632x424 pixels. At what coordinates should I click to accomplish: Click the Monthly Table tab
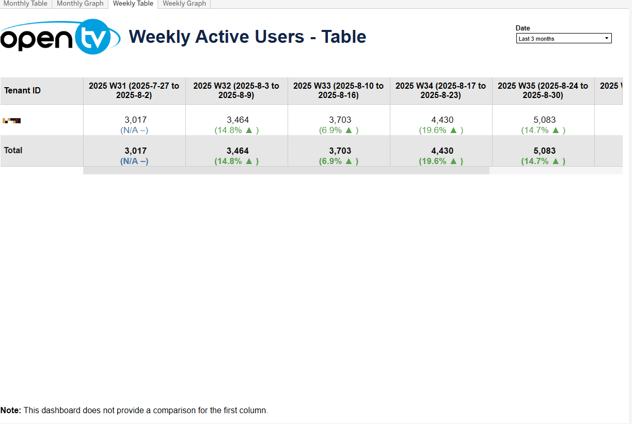click(x=25, y=4)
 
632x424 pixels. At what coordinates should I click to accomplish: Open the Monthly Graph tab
click(x=80, y=4)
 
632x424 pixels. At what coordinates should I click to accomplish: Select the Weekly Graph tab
click(x=184, y=4)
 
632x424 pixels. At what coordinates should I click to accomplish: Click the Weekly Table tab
click(x=133, y=4)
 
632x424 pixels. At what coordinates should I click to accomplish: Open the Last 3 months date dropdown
click(x=564, y=39)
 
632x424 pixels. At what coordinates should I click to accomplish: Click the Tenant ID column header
click(x=22, y=91)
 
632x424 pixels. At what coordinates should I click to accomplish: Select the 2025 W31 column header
click(x=134, y=91)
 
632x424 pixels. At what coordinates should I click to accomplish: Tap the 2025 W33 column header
click(x=338, y=91)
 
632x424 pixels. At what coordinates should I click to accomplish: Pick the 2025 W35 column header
click(x=543, y=91)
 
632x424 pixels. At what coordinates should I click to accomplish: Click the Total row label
click(x=13, y=150)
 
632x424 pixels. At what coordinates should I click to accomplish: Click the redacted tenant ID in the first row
click(x=11, y=121)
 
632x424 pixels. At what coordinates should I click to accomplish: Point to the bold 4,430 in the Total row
click(x=442, y=151)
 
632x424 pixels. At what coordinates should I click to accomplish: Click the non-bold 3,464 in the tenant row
click(x=238, y=120)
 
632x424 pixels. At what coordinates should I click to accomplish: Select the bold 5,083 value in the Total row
click(x=544, y=151)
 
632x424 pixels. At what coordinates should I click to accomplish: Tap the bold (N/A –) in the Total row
click(x=134, y=161)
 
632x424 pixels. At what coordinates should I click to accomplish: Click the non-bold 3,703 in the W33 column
click(x=340, y=120)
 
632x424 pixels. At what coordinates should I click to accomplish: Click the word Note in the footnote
click(x=10, y=411)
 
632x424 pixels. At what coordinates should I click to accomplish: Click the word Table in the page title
click(x=343, y=37)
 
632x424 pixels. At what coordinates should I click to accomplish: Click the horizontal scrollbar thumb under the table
click(x=286, y=171)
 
